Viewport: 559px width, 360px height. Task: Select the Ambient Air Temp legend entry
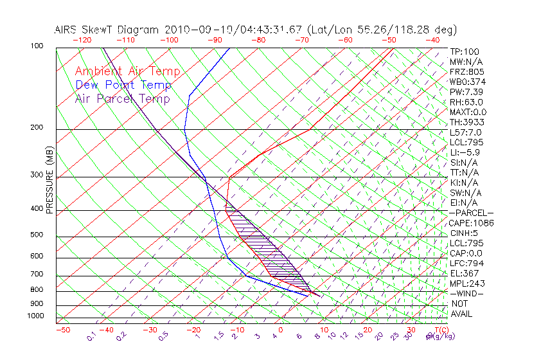(x=127, y=71)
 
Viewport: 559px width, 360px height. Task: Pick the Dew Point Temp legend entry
(x=123, y=85)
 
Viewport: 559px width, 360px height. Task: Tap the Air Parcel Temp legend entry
(x=122, y=98)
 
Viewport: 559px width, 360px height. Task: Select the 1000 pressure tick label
(x=36, y=316)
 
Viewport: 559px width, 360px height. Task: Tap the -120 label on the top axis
(x=82, y=40)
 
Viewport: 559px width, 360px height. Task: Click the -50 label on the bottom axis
(x=62, y=330)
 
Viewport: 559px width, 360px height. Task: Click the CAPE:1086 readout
(x=470, y=223)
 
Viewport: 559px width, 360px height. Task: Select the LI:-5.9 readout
(x=465, y=152)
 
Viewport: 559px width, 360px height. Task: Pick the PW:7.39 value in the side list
(x=466, y=92)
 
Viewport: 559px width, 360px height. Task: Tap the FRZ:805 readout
(x=466, y=72)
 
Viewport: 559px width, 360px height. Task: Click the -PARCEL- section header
(x=471, y=213)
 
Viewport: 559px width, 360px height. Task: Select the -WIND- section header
(x=466, y=293)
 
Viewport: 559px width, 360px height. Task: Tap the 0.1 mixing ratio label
(x=92, y=335)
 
